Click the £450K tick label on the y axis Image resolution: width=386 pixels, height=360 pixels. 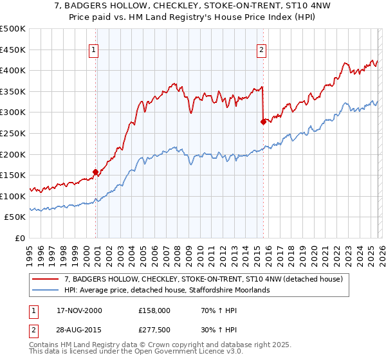[13, 50]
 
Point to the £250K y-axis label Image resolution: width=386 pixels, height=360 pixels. [13, 133]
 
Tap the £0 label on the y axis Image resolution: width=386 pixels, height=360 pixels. [19, 238]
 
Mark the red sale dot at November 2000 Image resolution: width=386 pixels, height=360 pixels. [96, 172]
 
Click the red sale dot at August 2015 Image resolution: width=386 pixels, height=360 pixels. [262, 122]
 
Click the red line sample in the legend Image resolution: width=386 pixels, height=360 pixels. [46, 279]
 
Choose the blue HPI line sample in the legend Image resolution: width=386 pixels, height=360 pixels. [46, 290]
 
